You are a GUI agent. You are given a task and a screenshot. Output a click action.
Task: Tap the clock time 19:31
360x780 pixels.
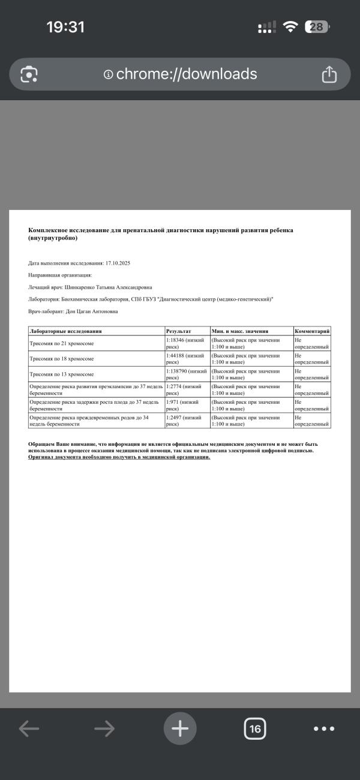(x=65, y=27)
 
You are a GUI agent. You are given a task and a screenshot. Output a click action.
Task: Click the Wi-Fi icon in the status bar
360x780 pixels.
(x=291, y=27)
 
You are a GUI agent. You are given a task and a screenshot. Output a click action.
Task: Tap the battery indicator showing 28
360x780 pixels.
(x=317, y=27)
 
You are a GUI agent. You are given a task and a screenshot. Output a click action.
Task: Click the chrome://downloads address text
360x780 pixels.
(x=186, y=74)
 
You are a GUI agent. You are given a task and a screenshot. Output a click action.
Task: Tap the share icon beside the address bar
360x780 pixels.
(x=329, y=74)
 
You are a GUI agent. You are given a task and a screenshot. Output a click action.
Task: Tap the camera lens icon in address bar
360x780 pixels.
(x=29, y=74)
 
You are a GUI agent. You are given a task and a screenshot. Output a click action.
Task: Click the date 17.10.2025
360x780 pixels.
(x=118, y=263)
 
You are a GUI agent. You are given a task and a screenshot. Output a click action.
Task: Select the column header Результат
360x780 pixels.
(x=178, y=331)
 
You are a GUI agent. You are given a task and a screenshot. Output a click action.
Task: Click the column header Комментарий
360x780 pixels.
(x=311, y=331)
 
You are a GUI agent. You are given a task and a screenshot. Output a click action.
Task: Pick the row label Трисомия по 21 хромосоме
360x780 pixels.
(x=62, y=343)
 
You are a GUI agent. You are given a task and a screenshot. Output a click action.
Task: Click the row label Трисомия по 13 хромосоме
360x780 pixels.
(x=62, y=374)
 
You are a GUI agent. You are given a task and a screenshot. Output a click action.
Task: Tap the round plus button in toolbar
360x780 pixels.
(x=180, y=728)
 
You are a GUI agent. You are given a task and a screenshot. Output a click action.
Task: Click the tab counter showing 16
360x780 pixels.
(x=255, y=729)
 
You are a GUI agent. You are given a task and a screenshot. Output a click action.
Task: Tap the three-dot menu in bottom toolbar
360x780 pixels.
(x=324, y=729)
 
